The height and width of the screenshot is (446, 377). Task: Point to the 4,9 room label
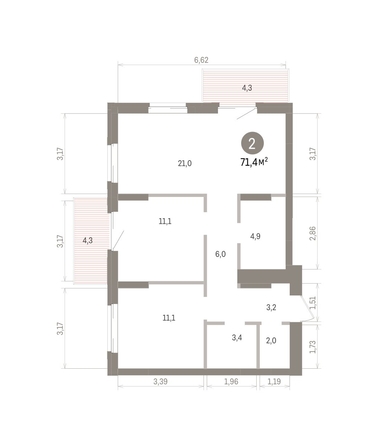click(x=255, y=237)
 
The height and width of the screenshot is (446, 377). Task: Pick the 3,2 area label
click(x=270, y=308)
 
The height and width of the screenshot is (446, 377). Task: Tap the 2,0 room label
click(x=271, y=340)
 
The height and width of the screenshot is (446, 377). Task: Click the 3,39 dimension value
click(x=161, y=382)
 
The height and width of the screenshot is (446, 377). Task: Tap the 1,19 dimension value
click(x=273, y=382)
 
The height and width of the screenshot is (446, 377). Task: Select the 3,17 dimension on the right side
click(x=315, y=153)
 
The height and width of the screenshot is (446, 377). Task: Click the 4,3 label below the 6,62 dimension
click(x=246, y=89)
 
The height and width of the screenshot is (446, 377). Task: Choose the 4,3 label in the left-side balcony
click(x=88, y=240)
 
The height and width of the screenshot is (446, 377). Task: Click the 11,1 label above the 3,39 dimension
click(x=168, y=317)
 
